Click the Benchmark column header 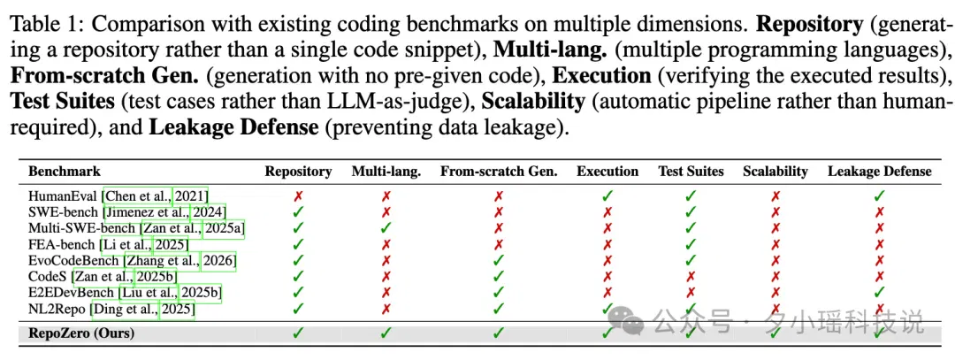65,172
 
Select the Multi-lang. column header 386,172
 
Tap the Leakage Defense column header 880,172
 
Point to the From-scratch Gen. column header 499,172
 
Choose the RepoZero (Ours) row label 81,333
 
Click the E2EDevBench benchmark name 72,294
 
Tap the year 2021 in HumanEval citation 191,196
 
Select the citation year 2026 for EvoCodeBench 218,261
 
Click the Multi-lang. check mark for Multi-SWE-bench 386,228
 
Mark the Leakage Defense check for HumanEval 880,195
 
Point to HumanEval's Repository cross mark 298,196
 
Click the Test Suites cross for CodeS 691,277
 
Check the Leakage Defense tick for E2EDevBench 880,292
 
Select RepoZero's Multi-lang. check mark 386,333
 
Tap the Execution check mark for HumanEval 607,195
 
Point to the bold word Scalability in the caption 533,101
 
